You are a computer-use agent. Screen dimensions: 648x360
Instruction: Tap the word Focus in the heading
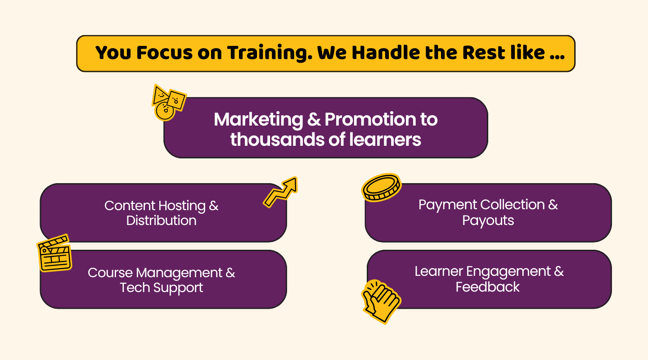[164, 53]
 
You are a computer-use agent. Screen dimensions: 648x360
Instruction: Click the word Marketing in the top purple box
[258, 120]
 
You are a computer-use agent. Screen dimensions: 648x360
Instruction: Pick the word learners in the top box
[385, 139]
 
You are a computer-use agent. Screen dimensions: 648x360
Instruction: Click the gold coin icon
[382, 188]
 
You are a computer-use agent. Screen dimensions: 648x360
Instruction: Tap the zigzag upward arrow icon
[280, 192]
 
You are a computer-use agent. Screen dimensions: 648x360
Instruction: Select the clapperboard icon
[54, 253]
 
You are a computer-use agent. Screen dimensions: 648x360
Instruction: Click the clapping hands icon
[381, 301]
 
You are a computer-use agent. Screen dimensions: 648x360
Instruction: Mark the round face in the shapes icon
[165, 111]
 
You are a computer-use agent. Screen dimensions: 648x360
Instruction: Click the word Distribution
[162, 220]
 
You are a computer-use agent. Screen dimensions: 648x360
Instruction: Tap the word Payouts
[488, 221]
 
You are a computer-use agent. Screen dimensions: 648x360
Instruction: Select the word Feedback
[488, 287]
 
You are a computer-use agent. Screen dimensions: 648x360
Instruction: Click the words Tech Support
[162, 288]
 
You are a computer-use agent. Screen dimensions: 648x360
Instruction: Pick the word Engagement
[508, 272]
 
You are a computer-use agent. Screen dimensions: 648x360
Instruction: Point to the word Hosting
[182, 206]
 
